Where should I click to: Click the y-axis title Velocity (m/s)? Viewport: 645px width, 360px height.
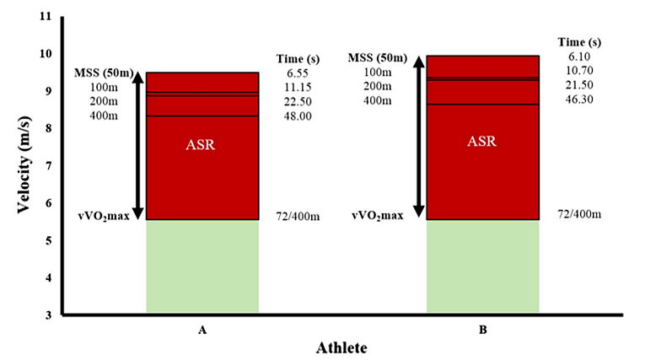pyautogui.click(x=24, y=165)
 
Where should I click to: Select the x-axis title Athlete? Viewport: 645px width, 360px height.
pyautogui.click(x=341, y=347)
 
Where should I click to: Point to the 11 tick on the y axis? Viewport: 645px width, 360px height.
pyautogui.click(x=46, y=17)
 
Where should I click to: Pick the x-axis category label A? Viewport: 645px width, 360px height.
pyautogui.click(x=202, y=330)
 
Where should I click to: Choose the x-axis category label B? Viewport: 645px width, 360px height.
pyautogui.click(x=483, y=330)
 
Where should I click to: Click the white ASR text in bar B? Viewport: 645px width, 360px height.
pyautogui.click(x=482, y=141)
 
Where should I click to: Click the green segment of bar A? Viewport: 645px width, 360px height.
pyautogui.click(x=202, y=266)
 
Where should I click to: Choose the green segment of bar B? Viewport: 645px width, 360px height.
pyautogui.click(x=482, y=266)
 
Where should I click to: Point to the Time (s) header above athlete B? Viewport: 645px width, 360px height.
pyautogui.click(x=580, y=40)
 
